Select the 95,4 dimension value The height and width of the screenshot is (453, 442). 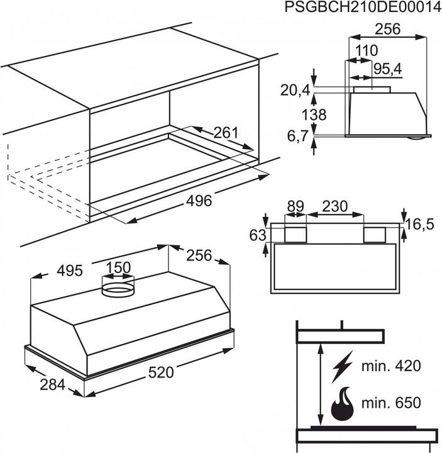coord(389,69)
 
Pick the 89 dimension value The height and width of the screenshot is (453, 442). coord(295,206)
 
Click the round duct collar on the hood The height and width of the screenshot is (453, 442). coord(118,289)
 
